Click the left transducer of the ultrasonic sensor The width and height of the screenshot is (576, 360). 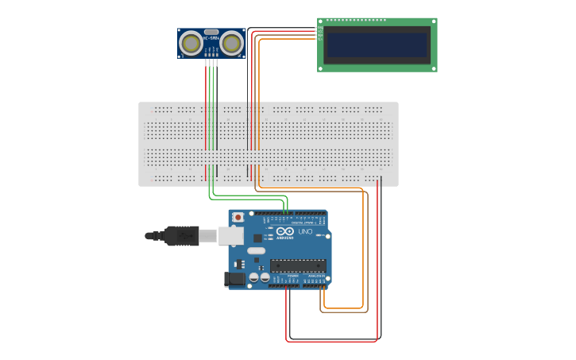pos(191,43)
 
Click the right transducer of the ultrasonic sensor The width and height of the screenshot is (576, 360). pos(232,43)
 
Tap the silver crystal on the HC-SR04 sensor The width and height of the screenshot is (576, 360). pos(211,33)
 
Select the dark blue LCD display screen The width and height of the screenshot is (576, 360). pos(377,45)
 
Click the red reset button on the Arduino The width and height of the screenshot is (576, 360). pos(238,216)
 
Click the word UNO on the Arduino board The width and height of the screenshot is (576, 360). pos(305,231)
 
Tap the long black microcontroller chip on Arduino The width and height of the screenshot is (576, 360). pos(298,265)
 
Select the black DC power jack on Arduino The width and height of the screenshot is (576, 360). pos(234,278)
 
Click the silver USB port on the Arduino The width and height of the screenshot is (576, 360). pos(231,235)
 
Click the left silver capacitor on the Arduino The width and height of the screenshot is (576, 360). pos(254,277)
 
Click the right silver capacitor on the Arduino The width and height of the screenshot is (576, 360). pos(265,277)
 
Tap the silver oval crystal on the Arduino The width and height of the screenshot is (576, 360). pos(256,251)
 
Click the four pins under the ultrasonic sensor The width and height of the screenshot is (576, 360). pos(211,63)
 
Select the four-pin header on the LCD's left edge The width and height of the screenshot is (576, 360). pos(318,33)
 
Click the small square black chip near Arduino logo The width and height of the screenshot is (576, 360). pos(257,238)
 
